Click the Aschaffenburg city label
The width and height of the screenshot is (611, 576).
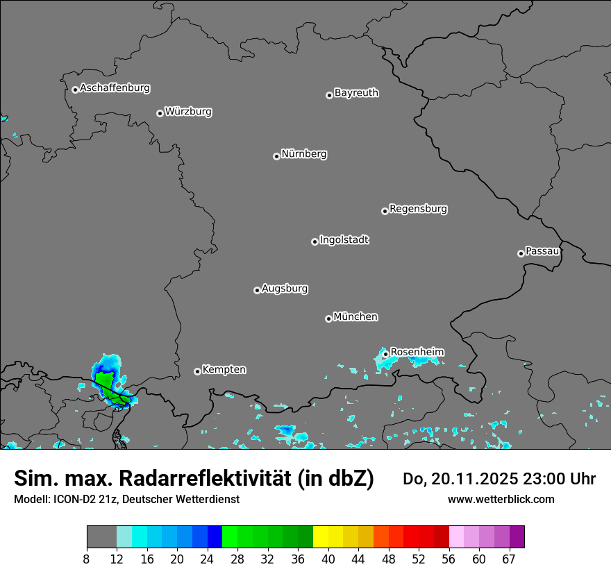point(115,88)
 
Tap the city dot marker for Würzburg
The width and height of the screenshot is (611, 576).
point(160,113)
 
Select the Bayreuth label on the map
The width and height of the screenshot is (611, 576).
point(356,93)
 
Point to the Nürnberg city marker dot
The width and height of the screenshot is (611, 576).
point(276,156)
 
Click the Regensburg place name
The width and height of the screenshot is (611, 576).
point(418,209)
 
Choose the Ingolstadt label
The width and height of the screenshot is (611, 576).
point(344,240)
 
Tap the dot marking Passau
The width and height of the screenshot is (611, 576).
point(521,253)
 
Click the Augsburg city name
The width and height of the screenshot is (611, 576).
point(285,289)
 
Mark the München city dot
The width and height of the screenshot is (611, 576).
point(328,319)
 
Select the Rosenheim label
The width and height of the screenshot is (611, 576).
point(417,353)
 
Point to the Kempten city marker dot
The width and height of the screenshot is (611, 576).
point(197,371)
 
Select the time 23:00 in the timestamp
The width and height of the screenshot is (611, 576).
point(549,479)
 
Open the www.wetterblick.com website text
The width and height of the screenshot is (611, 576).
point(501,499)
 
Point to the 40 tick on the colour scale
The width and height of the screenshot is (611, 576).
point(328,559)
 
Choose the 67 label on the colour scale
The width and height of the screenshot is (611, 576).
point(509,559)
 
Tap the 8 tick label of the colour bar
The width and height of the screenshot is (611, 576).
point(87,559)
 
